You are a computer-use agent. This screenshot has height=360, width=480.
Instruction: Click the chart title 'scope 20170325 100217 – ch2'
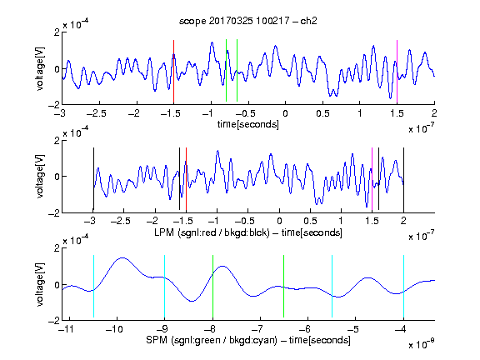point(248,21)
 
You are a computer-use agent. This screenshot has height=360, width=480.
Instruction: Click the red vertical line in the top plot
point(173,72)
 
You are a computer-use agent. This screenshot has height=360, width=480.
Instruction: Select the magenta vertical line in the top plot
point(397,72)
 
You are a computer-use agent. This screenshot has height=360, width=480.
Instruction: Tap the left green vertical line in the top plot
point(226,70)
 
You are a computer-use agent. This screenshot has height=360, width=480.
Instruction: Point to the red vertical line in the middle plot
point(186,180)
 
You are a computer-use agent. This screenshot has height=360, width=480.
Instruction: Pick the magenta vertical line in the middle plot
point(372,180)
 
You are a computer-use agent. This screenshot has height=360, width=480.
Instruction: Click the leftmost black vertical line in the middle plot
point(93,179)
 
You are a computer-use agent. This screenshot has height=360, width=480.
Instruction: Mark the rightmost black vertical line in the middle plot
point(403,179)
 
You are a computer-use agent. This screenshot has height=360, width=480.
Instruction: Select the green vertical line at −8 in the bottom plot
point(212,286)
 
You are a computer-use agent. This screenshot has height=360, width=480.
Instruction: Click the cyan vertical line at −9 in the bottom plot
point(165,286)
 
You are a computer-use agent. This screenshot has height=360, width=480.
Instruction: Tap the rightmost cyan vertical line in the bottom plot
point(403,286)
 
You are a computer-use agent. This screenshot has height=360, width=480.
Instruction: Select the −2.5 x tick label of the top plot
point(96,113)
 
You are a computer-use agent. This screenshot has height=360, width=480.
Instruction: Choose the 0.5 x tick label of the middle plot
point(310,221)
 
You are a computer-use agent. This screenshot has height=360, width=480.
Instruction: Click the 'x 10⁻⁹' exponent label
point(422,344)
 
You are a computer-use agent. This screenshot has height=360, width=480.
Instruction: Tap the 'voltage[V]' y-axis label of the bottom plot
point(40,284)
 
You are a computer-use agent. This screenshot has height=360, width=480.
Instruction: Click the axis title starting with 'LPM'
point(248,232)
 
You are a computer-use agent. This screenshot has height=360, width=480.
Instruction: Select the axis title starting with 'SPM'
point(248,340)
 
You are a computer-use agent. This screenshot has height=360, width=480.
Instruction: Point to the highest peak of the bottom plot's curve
point(122,257)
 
